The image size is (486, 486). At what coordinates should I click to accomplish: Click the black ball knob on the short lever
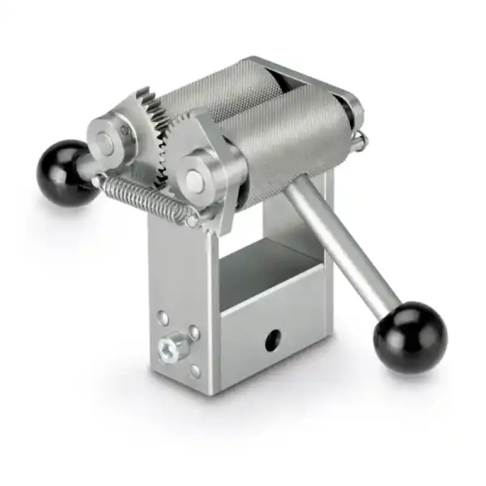click(61, 165)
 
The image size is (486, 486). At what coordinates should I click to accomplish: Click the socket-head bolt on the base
click(168, 347)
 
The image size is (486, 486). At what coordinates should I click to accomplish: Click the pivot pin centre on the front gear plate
click(193, 177)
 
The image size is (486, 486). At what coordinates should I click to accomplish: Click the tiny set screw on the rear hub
click(125, 129)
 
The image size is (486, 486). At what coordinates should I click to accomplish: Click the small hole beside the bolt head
click(193, 332)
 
